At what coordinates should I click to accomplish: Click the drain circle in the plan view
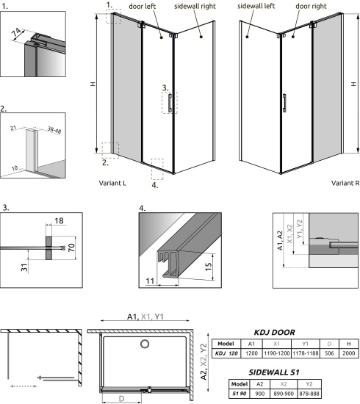coord(145,345)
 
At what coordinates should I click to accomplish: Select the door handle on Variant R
coord(283,101)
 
